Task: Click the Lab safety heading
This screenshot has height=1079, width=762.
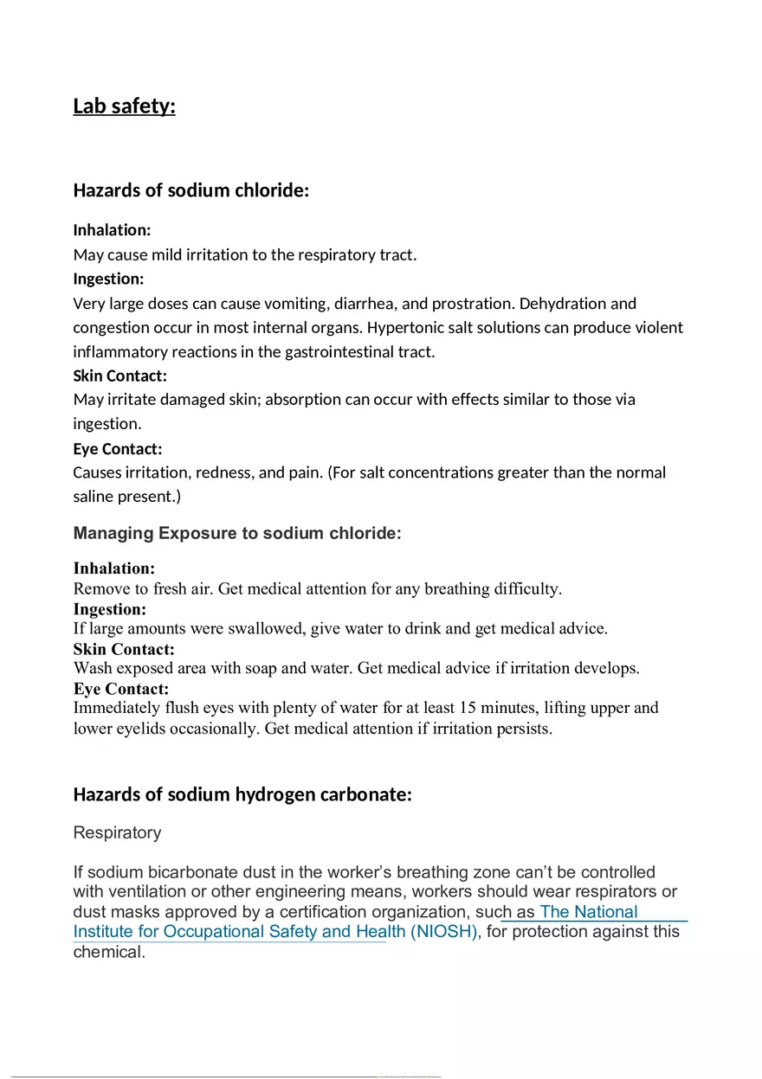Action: [124, 106]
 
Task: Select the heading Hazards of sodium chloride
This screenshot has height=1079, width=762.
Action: [190, 190]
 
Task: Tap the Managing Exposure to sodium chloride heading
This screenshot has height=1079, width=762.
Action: [237, 533]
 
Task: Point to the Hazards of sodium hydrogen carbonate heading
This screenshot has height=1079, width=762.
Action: [242, 794]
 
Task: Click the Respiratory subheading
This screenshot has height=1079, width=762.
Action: [117, 832]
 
